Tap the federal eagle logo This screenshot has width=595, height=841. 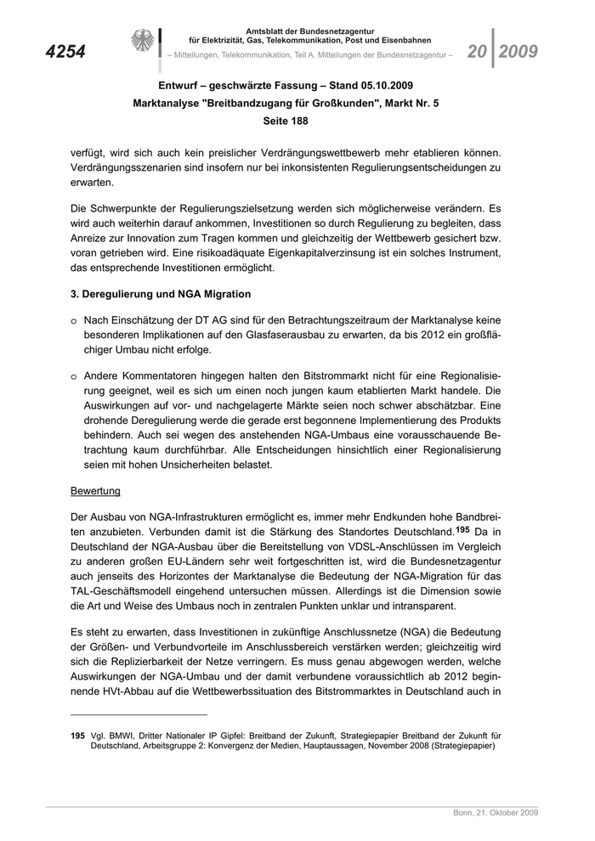click(143, 42)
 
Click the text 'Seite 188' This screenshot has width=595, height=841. click(297, 122)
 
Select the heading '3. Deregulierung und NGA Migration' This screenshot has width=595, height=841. click(161, 294)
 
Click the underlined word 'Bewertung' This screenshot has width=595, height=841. click(95, 491)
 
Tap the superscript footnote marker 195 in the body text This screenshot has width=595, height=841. click(462, 528)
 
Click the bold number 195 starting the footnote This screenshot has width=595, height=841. click(78, 736)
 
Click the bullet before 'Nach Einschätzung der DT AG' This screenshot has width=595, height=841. click(75, 319)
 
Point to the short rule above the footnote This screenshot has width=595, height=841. click(139, 715)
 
